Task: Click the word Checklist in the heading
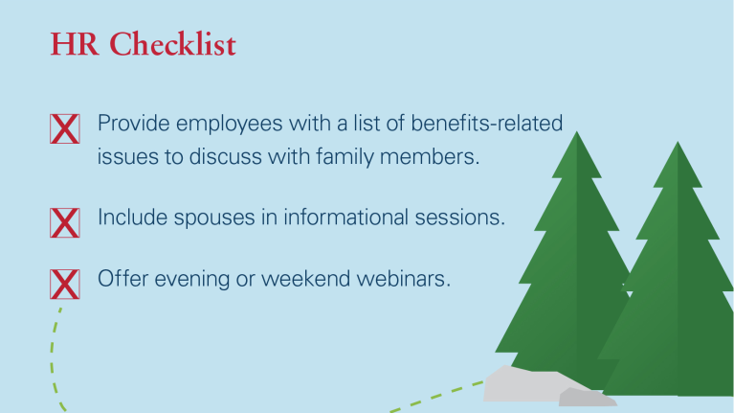point(172,44)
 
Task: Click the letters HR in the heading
point(75,45)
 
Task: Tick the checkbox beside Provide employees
point(65,129)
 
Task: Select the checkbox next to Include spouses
point(65,222)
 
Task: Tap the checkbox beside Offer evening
point(65,284)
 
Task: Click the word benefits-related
point(487,124)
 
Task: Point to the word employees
point(230,125)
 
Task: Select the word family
point(345,157)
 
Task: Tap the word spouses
point(214,218)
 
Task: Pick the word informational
point(346,218)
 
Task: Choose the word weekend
point(305,279)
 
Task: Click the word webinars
point(403,279)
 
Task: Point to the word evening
point(192,280)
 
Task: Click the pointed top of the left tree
point(577,131)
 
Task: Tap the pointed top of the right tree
point(678,142)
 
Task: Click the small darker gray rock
point(587,398)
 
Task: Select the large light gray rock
point(529,384)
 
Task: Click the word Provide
point(133,124)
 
